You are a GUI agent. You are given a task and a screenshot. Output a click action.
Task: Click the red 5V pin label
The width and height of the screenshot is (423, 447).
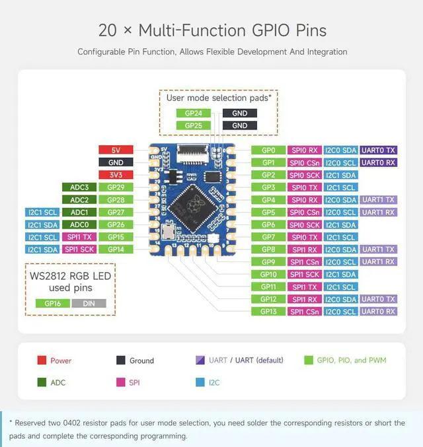(x=116, y=150)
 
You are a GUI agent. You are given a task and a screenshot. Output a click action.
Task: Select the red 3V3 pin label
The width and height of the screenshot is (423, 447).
(x=116, y=175)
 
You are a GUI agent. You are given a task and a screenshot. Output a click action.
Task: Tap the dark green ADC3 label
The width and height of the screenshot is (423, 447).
(x=79, y=188)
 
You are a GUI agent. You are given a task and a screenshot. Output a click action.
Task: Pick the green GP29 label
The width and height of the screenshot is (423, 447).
(x=116, y=188)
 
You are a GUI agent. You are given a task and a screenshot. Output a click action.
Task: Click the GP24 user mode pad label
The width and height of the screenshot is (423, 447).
(x=194, y=113)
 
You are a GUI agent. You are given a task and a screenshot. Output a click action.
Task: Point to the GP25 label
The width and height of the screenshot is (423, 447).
(x=194, y=125)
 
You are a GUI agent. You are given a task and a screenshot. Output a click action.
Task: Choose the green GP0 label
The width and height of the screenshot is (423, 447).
(x=268, y=151)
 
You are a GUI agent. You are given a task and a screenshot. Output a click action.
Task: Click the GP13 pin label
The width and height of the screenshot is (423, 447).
(x=268, y=311)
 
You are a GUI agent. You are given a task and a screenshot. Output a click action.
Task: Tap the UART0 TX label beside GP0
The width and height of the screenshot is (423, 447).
(x=378, y=151)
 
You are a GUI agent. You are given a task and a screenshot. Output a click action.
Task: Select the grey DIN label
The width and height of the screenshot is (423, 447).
(x=89, y=304)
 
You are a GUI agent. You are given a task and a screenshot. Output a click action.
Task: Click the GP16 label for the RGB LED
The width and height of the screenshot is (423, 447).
(x=53, y=304)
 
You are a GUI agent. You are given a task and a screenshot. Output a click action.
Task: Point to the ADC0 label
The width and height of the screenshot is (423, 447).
(x=79, y=224)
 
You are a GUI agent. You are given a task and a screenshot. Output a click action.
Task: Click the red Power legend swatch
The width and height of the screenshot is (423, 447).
(x=42, y=360)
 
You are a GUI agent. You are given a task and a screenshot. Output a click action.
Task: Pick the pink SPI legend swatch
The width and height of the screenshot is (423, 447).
(x=121, y=382)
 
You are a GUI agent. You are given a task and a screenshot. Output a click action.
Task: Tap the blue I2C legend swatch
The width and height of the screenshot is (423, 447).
(x=200, y=382)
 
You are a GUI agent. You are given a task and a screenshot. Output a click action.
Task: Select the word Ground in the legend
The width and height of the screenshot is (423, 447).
(x=141, y=361)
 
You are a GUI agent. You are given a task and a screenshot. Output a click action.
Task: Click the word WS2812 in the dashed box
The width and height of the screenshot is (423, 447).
(x=48, y=276)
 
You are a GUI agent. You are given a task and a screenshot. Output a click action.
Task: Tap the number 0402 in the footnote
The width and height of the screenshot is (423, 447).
(x=71, y=423)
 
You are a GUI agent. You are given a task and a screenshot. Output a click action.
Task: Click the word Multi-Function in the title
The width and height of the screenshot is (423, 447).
(x=192, y=30)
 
